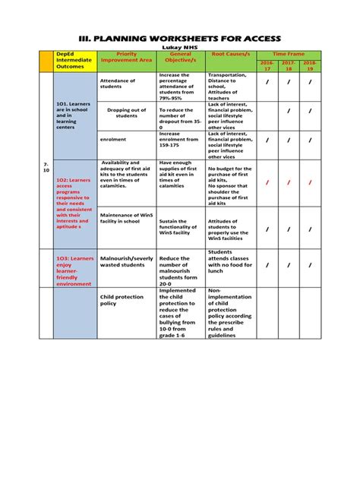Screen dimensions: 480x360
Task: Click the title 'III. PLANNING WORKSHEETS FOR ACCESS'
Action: click(180, 38)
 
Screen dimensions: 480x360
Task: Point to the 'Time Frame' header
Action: click(289, 55)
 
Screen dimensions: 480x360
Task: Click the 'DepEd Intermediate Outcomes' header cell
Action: click(74, 61)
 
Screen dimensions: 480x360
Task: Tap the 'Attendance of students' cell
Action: click(118, 84)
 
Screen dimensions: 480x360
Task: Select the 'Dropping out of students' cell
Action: click(127, 112)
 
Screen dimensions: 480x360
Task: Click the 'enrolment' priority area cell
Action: click(113, 140)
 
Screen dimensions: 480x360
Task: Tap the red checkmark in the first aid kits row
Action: click(267, 182)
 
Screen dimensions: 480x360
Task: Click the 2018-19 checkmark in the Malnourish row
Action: click(310, 265)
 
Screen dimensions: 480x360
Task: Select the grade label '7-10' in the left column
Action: click(46, 167)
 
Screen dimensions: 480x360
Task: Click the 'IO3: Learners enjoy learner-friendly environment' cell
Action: click(74, 270)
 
